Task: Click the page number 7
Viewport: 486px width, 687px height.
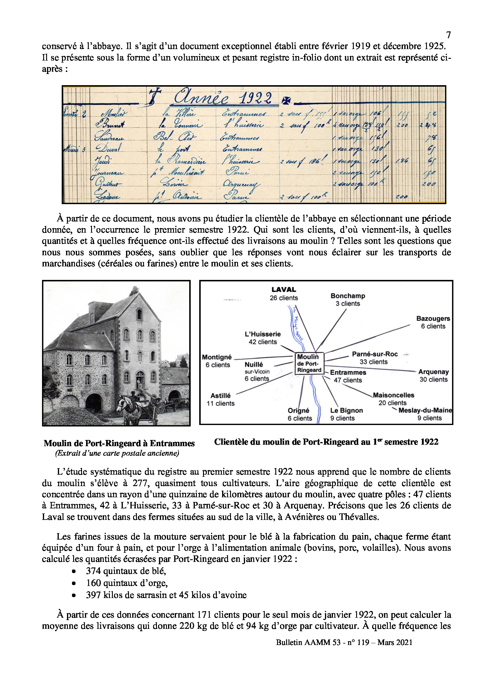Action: click(x=448, y=35)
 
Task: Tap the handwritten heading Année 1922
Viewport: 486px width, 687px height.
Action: click(x=223, y=98)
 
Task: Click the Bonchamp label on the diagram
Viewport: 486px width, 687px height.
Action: click(x=347, y=296)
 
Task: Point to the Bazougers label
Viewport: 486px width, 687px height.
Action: click(x=433, y=319)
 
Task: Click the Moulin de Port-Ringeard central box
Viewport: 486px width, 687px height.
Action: click(x=309, y=363)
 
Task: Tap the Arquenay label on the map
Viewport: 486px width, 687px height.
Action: click(x=433, y=372)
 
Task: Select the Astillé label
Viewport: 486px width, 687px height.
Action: click(x=221, y=396)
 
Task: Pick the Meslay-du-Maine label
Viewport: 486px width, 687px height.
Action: click(x=425, y=411)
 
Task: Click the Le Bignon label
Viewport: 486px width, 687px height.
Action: click(x=346, y=411)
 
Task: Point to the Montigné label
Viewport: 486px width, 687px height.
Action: click(x=217, y=357)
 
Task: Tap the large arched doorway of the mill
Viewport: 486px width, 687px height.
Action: click(x=94, y=404)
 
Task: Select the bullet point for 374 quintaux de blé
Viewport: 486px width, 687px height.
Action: click(x=74, y=571)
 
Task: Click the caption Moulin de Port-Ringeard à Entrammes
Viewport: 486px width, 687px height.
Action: click(x=119, y=443)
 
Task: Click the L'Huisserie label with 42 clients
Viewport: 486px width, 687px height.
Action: click(x=262, y=334)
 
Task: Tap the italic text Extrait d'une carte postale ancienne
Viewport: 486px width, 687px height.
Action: click(x=117, y=453)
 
